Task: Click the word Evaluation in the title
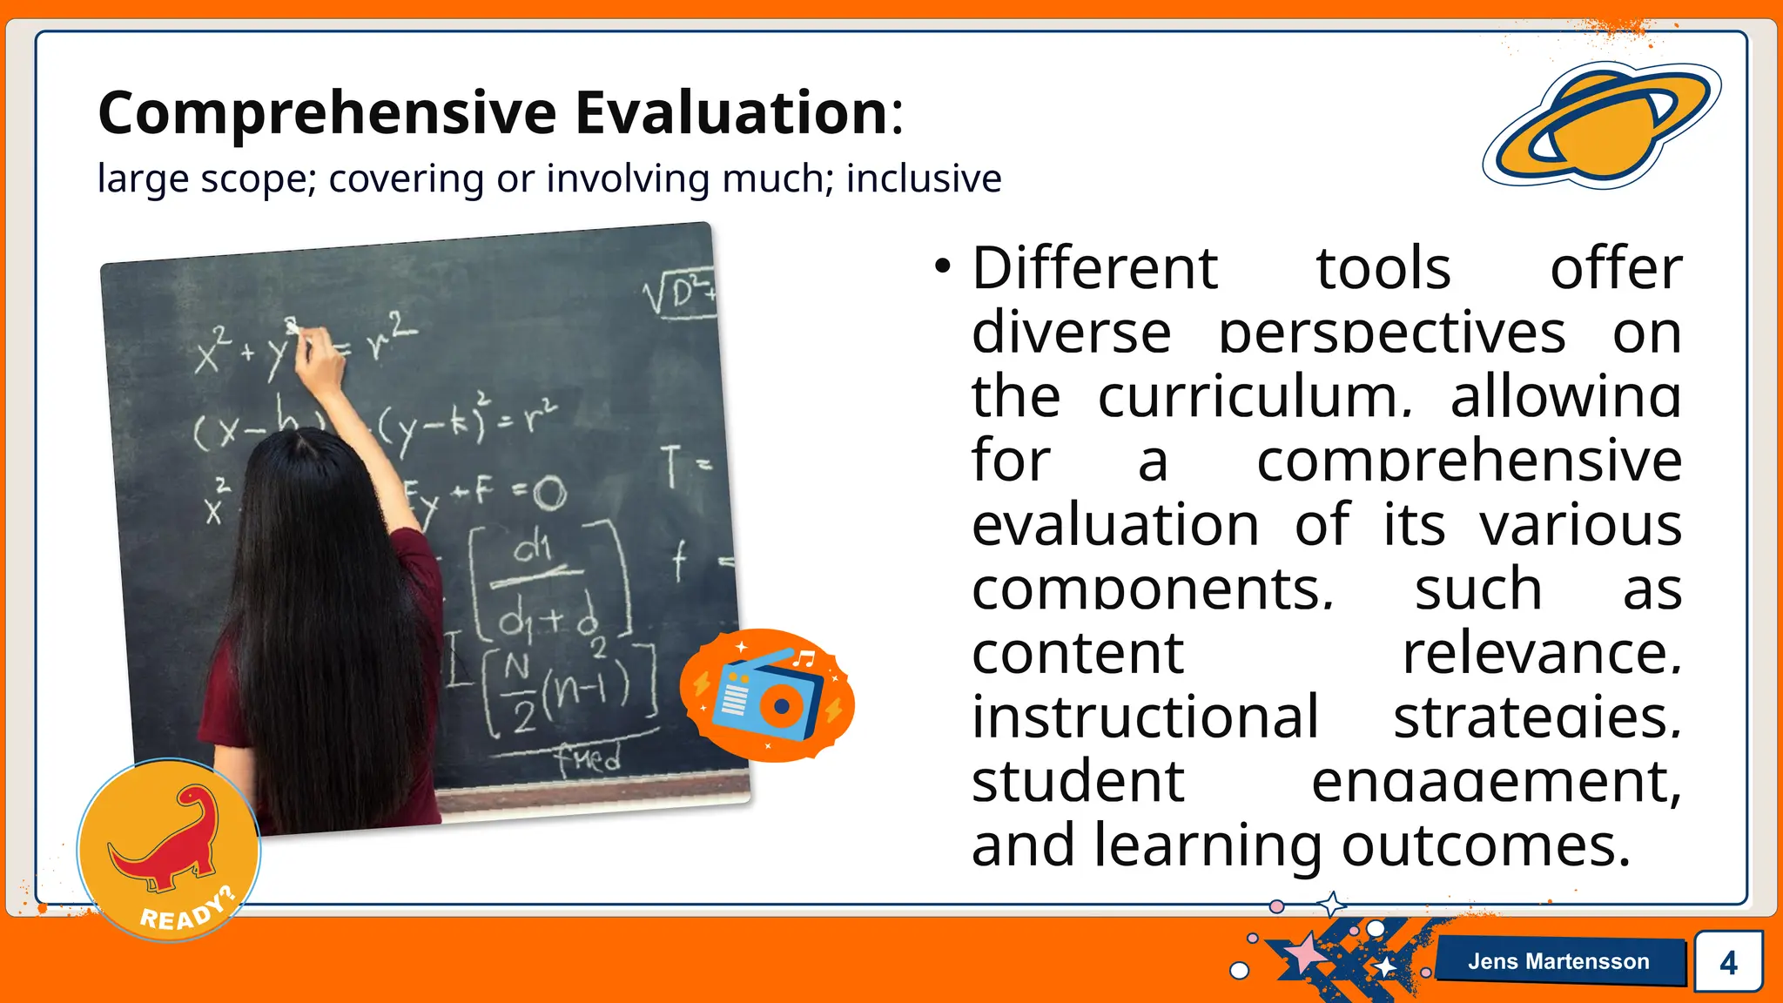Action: click(x=731, y=113)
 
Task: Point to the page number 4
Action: click(x=1728, y=962)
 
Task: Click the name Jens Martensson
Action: click(x=1558, y=961)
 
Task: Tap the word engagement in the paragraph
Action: click(x=1496, y=782)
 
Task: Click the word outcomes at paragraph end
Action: click(x=1484, y=846)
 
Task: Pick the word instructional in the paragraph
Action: click(x=1145, y=717)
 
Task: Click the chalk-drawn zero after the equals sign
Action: click(x=549, y=495)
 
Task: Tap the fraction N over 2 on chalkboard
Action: click(x=520, y=692)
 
